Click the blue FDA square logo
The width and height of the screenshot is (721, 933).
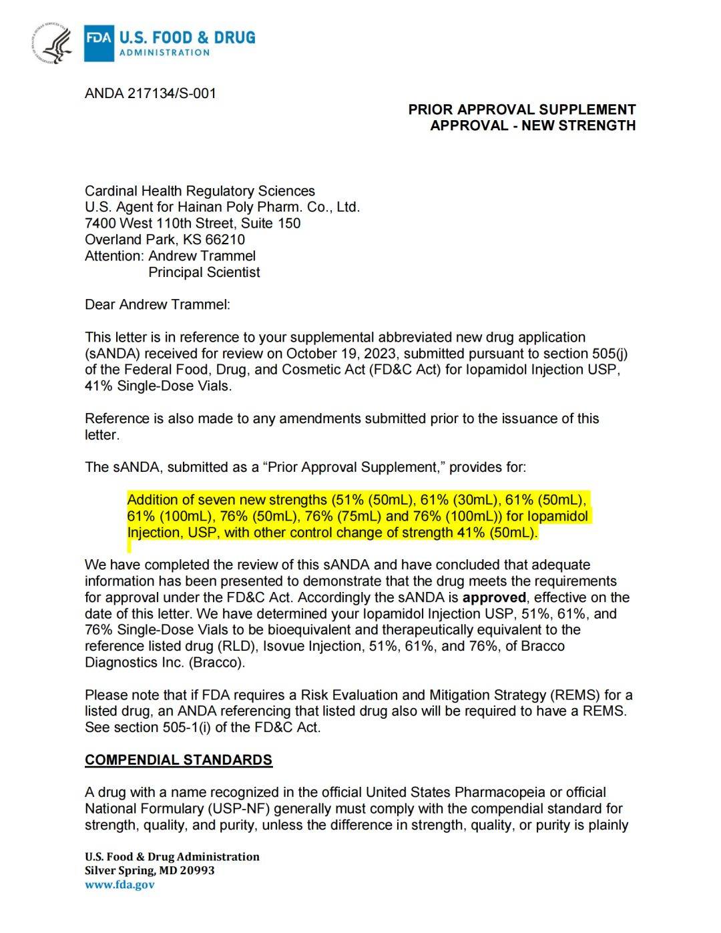point(98,43)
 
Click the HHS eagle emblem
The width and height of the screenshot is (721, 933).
point(52,44)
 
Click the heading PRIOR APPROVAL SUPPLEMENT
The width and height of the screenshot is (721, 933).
point(521,109)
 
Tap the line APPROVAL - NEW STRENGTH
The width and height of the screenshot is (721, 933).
point(532,125)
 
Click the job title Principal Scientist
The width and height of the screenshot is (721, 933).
point(204,272)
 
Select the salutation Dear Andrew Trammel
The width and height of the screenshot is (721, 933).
point(157,305)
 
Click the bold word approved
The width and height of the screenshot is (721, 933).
point(495,597)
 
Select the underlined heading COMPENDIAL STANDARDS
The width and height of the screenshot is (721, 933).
point(178,760)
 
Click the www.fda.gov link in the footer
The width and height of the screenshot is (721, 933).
point(119,884)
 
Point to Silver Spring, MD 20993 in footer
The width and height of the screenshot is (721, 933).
point(150,870)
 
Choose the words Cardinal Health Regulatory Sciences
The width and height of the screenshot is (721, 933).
point(200,191)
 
